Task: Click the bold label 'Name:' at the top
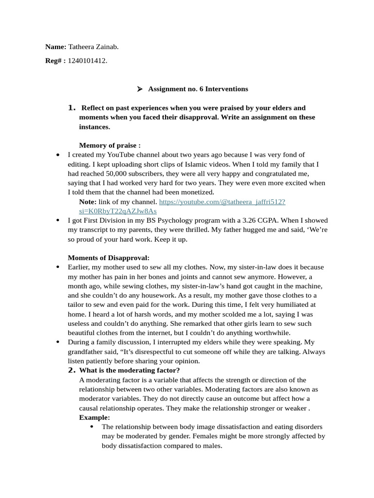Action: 56,47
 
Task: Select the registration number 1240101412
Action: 87,61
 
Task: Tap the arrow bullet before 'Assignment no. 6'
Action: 139,89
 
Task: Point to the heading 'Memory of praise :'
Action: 110,145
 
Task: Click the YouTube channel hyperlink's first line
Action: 222,202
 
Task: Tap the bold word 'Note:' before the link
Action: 88,202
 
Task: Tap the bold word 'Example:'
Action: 94,417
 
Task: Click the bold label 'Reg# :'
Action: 55,61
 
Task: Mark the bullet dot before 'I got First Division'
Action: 58,221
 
